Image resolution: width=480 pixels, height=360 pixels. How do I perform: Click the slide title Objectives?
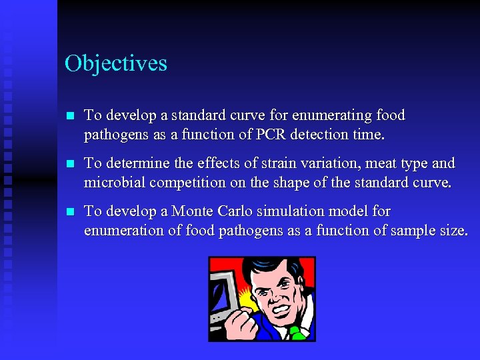tap(116, 63)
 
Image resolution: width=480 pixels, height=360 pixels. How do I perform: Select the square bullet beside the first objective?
tap(71, 116)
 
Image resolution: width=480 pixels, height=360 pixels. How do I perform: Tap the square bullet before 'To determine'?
tap(71, 164)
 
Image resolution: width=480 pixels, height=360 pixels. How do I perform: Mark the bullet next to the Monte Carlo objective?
tap(71, 212)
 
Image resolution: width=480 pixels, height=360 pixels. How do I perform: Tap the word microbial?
tap(112, 183)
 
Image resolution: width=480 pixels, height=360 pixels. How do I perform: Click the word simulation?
tap(287, 211)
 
